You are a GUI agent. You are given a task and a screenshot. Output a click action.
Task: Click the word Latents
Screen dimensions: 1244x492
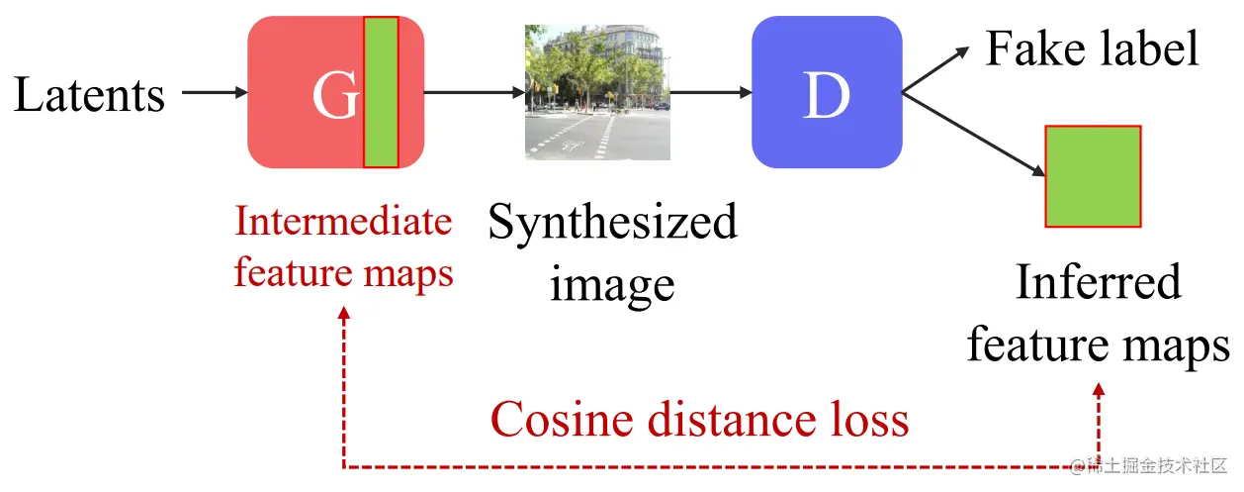89,95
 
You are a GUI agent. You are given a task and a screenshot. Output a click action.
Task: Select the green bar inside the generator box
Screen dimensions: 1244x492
381,92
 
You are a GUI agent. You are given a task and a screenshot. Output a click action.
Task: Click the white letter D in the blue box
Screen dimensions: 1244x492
825,95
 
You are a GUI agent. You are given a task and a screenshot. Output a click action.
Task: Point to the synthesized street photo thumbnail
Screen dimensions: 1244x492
597,92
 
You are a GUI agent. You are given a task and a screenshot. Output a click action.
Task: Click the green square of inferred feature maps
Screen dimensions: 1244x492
1093,176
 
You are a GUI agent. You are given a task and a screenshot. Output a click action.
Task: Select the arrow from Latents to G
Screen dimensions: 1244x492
215,92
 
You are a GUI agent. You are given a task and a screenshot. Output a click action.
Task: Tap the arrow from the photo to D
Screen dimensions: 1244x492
710,92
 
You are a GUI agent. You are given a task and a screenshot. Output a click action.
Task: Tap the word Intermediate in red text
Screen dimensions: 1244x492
343,222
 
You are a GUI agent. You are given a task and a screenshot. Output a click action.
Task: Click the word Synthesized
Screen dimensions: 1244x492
613,224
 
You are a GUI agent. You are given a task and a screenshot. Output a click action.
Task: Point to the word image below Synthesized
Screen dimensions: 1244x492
612,284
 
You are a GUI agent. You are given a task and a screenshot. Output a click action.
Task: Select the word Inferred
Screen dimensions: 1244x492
1098,282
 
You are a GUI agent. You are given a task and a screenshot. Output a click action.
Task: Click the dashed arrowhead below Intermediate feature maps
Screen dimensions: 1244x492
343,314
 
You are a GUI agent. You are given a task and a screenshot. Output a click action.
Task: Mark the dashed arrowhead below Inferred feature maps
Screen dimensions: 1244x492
1099,392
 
